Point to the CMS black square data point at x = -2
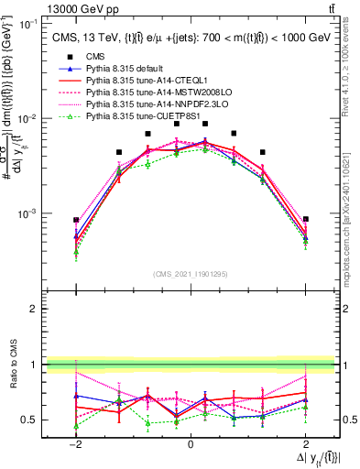(76, 220)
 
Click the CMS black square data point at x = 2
(305, 220)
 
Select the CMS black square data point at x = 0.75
(234, 134)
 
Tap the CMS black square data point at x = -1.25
(119, 152)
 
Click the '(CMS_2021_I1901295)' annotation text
(191, 274)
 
